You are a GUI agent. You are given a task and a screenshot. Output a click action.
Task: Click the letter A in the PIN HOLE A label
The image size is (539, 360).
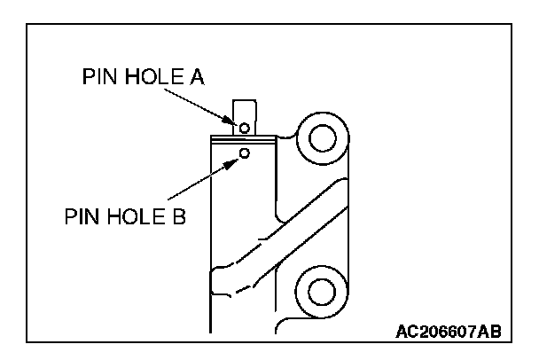click(196, 78)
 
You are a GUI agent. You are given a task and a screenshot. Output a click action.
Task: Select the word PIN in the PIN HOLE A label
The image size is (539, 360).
click(98, 78)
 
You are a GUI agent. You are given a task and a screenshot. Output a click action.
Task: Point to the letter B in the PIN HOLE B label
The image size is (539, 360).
click(177, 216)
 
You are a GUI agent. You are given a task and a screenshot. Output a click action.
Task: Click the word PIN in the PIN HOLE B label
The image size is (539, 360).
click(81, 216)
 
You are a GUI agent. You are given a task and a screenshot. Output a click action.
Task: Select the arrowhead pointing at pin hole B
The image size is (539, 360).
click(235, 160)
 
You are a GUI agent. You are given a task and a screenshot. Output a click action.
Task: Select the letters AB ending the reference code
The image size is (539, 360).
click(490, 333)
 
